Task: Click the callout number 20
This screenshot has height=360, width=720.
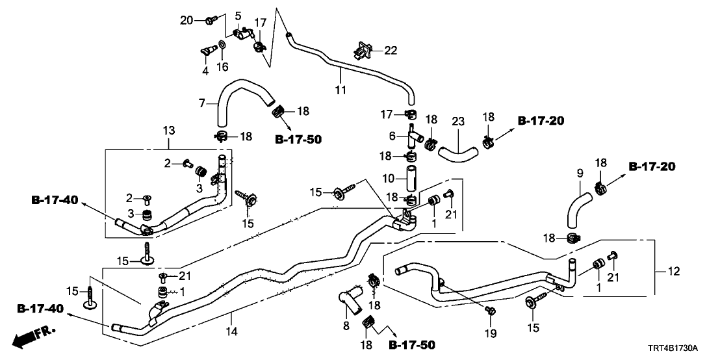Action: [186, 20]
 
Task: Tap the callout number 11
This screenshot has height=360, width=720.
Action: [341, 90]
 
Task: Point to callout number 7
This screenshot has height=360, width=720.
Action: [202, 103]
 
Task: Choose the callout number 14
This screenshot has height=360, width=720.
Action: [233, 331]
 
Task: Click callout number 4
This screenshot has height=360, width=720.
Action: [205, 70]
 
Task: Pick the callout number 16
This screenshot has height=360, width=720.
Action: [223, 67]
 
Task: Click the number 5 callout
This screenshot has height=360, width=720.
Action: [238, 15]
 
